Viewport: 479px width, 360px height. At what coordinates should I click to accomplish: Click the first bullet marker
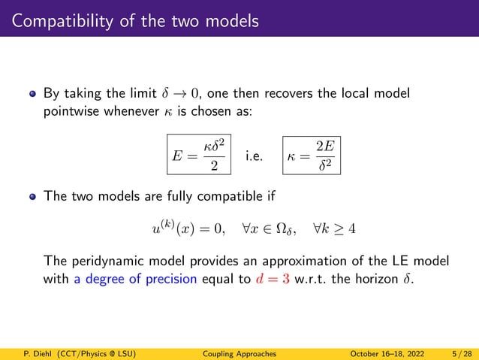32,96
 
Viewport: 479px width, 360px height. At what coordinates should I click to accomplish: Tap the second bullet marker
32,198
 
